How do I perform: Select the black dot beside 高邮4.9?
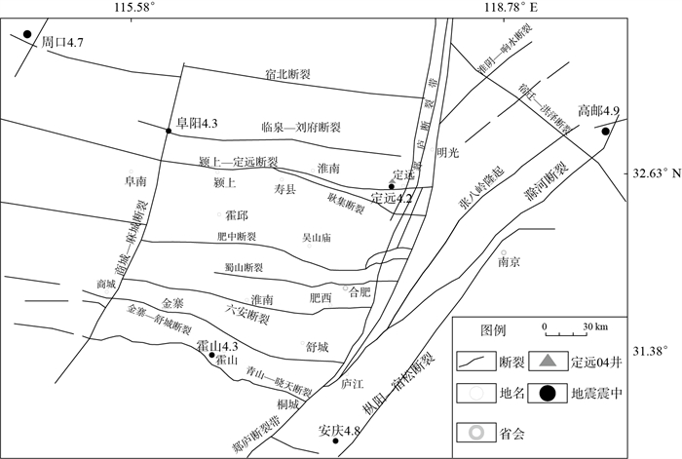pos(605,131)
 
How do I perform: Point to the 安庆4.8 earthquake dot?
pos(336,440)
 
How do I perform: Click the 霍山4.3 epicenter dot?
pos(212,356)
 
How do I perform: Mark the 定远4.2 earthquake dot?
pos(391,186)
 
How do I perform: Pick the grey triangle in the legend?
pos(549,363)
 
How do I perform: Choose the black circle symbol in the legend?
pos(549,394)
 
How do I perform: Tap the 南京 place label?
pos(509,261)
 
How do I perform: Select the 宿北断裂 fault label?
pos(287,73)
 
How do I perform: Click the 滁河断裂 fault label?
pos(560,191)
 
